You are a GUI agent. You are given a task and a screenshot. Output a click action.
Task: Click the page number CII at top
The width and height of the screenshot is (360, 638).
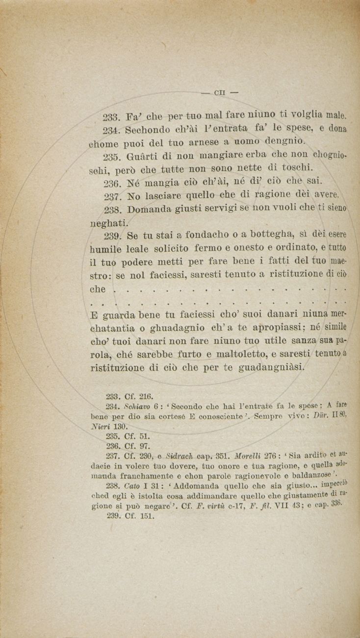(x=219, y=92)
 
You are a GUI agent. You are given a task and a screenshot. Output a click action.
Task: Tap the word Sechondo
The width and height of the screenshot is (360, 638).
(x=147, y=131)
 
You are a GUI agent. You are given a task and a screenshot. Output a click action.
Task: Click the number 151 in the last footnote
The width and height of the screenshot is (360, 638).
(x=147, y=516)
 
